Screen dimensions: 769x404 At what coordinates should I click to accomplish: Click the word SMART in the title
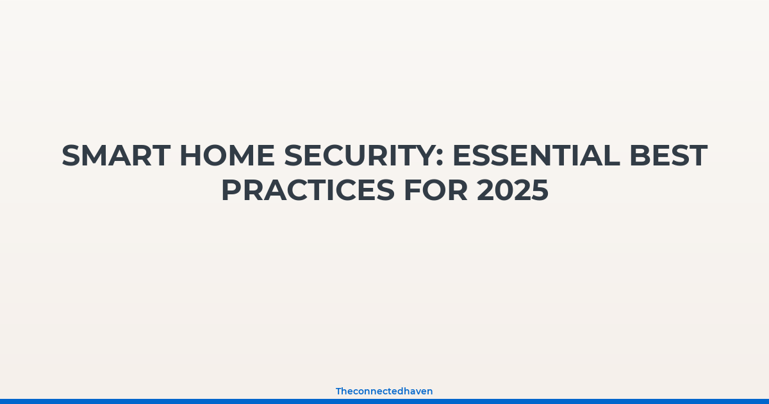click(116, 156)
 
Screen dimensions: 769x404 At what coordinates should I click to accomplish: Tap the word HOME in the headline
click(227, 156)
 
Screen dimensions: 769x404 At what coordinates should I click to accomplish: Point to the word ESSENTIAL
click(536, 156)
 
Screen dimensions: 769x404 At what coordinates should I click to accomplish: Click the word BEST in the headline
click(668, 156)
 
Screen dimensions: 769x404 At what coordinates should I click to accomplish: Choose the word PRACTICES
click(308, 190)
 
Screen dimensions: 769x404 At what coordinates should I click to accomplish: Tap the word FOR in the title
click(436, 190)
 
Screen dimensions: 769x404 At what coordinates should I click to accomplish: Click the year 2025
click(513, 190)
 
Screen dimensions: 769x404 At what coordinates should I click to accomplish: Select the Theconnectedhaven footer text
click(384, 391)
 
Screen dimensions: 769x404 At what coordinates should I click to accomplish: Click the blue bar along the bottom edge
click(384, 401)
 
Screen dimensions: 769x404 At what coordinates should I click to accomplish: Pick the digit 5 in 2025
click(540, 190)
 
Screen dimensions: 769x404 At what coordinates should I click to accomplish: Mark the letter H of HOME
click(190, 156)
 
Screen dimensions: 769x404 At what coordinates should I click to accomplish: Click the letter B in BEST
click(640, 156)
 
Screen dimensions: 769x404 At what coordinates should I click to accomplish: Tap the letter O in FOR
click(434, 190)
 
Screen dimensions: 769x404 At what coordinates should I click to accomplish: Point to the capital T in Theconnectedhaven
click(339, 391)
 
